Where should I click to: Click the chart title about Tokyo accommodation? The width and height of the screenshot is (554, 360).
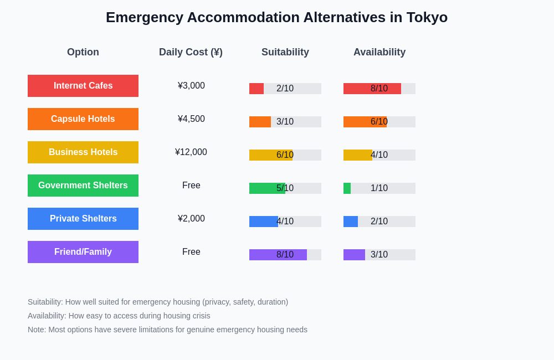[276, 17]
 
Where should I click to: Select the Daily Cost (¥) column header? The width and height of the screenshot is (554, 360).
[191, 52]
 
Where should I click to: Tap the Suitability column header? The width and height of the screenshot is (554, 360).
[285, 52]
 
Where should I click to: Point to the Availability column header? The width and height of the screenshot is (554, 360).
[379, 52]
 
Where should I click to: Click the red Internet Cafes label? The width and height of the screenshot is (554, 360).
[83, 86]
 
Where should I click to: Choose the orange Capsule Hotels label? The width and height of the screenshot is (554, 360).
[83, 119]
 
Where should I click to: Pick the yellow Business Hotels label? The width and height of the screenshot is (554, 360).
[83, 152]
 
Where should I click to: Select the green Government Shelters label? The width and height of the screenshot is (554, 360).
[83, 186]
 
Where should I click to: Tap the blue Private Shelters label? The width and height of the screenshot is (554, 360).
[83, 219]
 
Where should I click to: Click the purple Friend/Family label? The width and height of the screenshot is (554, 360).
[83, 252]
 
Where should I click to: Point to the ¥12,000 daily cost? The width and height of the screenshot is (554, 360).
[191, 152]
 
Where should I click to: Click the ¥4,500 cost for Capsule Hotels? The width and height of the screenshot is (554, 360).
[191, 119]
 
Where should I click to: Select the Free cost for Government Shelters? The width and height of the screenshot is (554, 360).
[191, 186]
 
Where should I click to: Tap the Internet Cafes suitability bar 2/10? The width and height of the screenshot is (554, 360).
[285, 89]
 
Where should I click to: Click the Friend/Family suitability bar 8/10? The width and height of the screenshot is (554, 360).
[285, 255]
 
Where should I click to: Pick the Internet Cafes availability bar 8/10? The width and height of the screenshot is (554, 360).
[379, 89]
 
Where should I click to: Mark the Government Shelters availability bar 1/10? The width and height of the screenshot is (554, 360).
[379, 188]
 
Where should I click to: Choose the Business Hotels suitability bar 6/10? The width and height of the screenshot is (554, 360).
[285, 155]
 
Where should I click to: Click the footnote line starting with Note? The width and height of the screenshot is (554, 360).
[167, 330]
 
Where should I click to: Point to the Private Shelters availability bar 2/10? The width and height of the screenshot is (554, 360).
[379, 222]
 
